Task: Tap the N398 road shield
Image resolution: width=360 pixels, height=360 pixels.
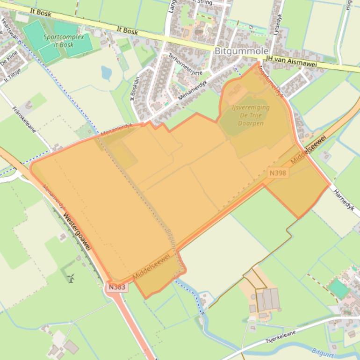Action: (x=278, y=173)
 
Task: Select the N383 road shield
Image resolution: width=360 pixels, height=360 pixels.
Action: (x=116, y=287)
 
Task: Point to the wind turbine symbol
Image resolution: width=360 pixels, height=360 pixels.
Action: (x=71, y=278)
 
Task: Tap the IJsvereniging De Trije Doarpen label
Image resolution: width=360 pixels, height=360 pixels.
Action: (x=251, y=115)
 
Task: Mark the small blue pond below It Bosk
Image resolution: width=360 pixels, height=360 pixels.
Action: (x=107, y=72)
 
